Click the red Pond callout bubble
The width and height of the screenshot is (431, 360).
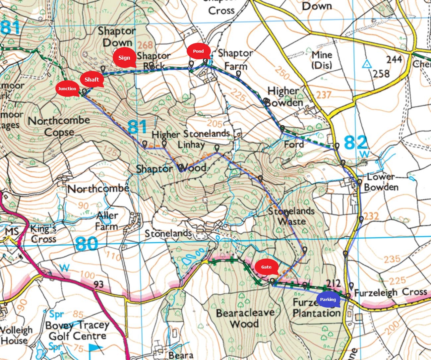(x=198, y=51)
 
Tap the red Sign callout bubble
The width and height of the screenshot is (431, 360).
(x=124, y=58)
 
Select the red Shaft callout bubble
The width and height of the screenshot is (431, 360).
(x=92, y=80)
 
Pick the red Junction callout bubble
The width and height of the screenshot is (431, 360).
(x=67, y=89)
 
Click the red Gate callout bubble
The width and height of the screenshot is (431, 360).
(x=266, y=267)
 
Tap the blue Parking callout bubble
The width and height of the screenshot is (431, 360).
(x=328, y=300)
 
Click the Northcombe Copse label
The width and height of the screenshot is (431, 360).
(x=59, y=126)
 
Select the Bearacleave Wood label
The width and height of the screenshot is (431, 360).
(x=245, y=318)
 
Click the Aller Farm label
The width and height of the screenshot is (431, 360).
(x=107, y=221)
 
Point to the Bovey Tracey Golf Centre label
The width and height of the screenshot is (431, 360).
(x=77, y=330)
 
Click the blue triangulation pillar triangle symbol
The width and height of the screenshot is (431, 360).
(x=366, y=64)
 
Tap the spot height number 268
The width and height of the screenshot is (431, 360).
(x=145, y=45)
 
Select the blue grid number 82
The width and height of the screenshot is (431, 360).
(x=355, y=143)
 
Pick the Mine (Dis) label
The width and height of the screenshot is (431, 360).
(x=322, y=59)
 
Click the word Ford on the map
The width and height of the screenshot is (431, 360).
(x=293, y=144)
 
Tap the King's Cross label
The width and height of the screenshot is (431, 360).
(x=43, y=234)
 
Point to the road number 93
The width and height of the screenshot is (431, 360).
(x=98, y=284)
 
